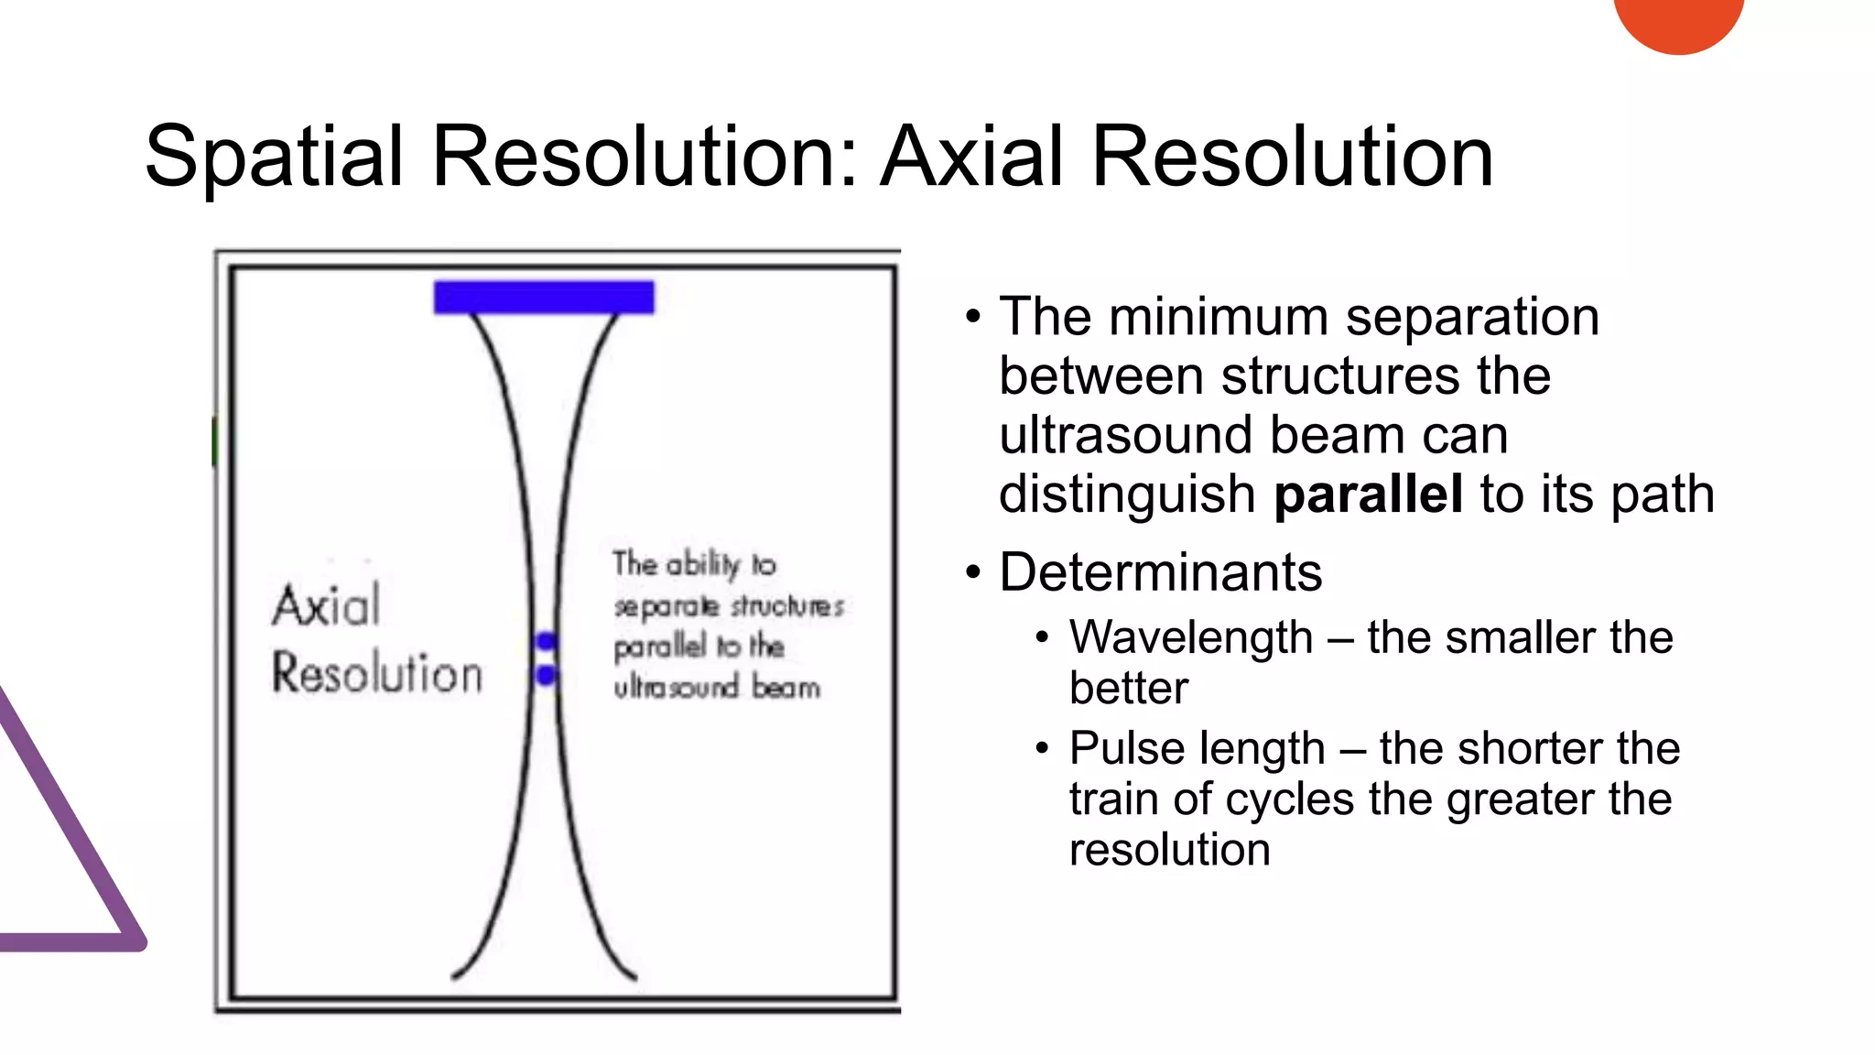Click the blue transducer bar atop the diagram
tap(544, 298)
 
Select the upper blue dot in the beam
tap(547, 640)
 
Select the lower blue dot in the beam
tap(547, 676)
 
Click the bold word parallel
tap(1368, 495)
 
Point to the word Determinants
tap(1160, 572)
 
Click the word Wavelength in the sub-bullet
tap(1190, 637)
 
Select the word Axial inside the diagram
tap(326, 606)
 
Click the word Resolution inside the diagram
tap(376, 674)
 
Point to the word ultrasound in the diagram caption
tap(676, 687)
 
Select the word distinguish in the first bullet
tap(1126, 495)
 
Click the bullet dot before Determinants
tap(972, 573)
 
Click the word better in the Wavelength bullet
tap(1128, 689)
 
